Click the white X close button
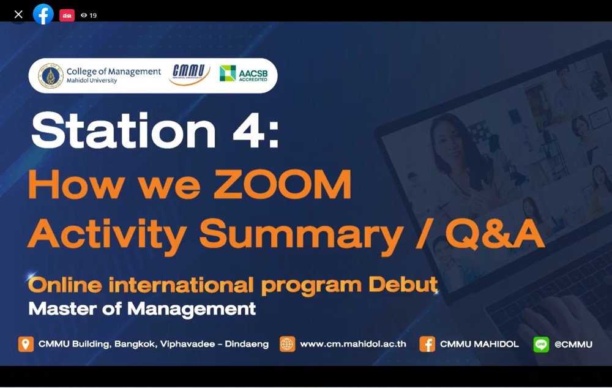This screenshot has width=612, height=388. (x=18, y=15)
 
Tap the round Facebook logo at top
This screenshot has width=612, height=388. (x=43, y=15)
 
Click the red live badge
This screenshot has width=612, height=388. (x=67, y=15)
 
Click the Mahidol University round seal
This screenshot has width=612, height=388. (x=51, y=76)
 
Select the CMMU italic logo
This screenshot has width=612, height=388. (x=189, y=73)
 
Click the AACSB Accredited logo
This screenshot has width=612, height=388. (x=244, y=73)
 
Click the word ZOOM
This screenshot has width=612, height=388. (x=283, y=184)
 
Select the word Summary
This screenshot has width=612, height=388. (x=301, y=234)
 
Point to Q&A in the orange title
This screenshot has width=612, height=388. (x=495, y=233)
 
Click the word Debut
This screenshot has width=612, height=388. (x=403, y=285)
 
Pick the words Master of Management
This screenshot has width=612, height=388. (x=142, y=309)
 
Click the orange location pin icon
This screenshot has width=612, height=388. (x=26, y=345)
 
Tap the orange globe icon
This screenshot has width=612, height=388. (x=287, y=345)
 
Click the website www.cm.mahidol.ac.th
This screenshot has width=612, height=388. (x=353, y=344)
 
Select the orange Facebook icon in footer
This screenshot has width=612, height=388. (x=427, y=345)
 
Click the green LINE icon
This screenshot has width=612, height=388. (x=541, y=345)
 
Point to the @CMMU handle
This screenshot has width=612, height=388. (x=573, y=345)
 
